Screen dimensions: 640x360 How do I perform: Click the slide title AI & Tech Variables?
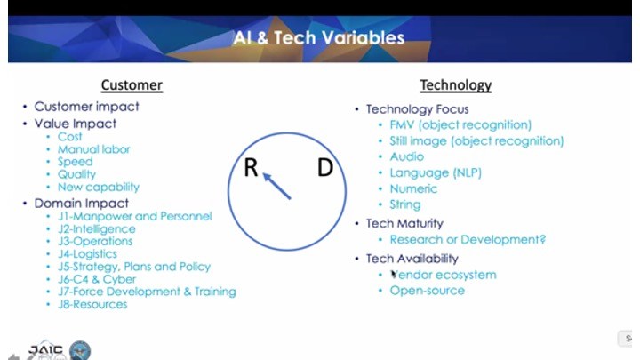point(319,38)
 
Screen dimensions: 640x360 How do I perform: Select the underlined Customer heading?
point(132,85)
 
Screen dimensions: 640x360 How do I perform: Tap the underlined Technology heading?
point(456,85)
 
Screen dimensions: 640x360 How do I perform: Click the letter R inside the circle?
point(251,167)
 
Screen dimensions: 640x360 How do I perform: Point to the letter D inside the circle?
point(325,167)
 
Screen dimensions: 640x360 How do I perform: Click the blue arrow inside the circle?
point(276,186)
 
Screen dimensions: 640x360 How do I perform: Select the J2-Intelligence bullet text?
point(97,229)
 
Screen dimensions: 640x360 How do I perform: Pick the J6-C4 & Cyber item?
point(97,279)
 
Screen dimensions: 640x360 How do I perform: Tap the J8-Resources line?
point(92,305)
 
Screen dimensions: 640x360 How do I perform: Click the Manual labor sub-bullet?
point(94,149)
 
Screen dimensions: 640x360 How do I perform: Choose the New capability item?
point(99,187)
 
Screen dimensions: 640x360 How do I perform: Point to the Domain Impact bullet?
point(82,204)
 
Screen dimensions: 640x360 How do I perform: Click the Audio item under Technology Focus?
point(407,156)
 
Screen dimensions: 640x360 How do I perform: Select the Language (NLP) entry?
point(436,172)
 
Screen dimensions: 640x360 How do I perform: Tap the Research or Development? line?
point(468,240)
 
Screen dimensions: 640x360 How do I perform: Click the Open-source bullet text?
point(428,291)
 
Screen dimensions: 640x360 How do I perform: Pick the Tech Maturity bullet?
point(404,224)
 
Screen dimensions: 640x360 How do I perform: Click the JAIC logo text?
point(45,350)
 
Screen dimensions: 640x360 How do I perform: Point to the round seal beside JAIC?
point(80,350)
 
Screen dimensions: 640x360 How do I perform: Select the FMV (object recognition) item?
point(460,125)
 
